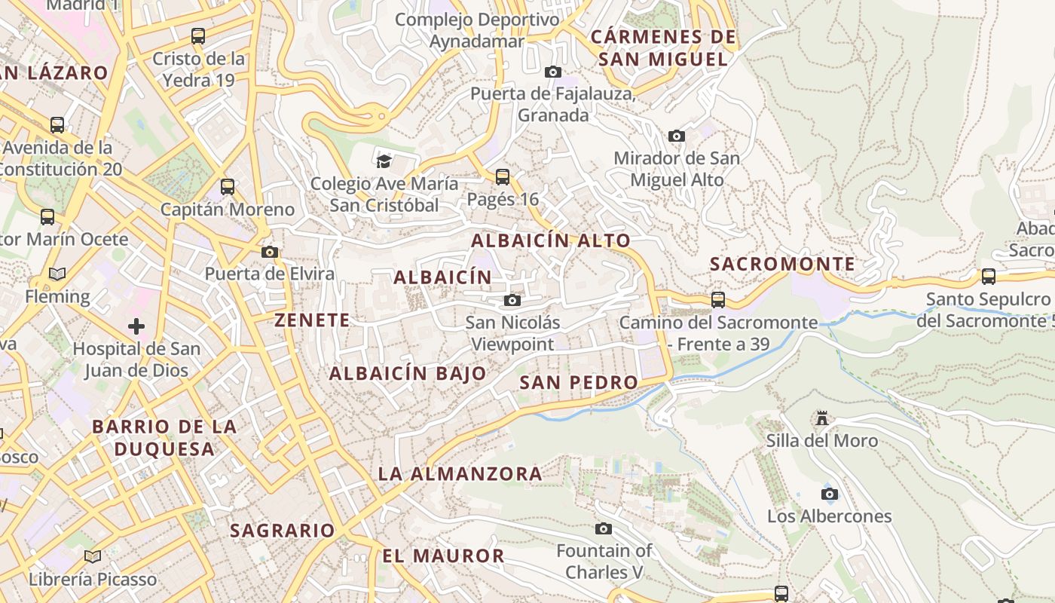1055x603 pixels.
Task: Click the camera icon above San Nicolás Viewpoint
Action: point(512,301)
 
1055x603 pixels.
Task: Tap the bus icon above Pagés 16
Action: point(503,177)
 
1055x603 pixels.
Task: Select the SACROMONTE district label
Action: point(783,264)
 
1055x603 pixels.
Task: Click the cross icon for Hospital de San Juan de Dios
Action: point(136,326)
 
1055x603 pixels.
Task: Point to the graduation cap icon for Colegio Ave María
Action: point(384,161)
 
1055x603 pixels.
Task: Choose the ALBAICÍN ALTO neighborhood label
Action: point(551,240)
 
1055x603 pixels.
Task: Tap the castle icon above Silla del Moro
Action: point(822,418)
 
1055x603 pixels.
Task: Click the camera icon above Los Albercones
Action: point(830,494)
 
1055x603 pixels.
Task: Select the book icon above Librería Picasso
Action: point(93,557)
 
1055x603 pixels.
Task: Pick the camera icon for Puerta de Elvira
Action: point(270,252)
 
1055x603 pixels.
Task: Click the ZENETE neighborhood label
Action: point(312,320)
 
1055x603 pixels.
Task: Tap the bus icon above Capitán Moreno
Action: point(228,187)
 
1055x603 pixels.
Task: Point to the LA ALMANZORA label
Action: point(460,474)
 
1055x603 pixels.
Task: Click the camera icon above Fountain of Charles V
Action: point(604,529)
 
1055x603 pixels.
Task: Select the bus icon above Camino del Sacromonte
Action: point(718,300)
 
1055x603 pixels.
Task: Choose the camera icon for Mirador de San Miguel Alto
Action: point(677,136)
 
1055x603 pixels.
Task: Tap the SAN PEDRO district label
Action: point(579,382)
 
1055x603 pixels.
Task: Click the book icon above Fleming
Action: point(57,274)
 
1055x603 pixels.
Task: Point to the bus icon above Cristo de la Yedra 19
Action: point(198,35)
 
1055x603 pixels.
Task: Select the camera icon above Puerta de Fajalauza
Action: point(553,72)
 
